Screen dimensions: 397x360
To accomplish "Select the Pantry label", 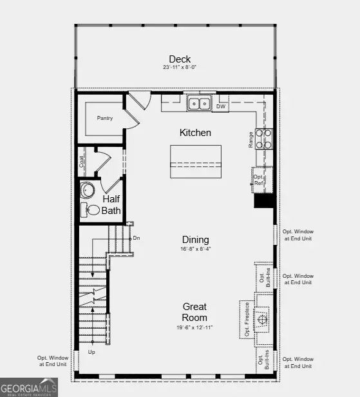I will [105, 118].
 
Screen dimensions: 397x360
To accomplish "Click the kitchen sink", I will [200, 103].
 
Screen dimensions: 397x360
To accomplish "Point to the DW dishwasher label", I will [221, 106].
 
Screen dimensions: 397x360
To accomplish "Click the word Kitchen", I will [195, 133].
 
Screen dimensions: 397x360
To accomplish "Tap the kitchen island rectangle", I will [195, 161].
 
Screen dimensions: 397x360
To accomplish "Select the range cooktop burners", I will [264, 139].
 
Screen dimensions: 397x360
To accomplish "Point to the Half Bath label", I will [111, 205].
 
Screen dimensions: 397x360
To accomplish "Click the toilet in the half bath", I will [93, 210].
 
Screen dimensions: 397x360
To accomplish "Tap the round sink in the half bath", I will [88, 191].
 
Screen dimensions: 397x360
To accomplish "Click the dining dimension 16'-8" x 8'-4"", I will [195, 249].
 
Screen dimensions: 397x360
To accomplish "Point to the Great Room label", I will [194, 313].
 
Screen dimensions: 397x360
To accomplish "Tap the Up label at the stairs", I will [91, 353].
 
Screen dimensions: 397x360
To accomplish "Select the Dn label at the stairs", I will [137, 238].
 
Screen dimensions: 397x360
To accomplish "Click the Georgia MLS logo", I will [29, 387].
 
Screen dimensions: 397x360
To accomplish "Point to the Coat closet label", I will [82, 161].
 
